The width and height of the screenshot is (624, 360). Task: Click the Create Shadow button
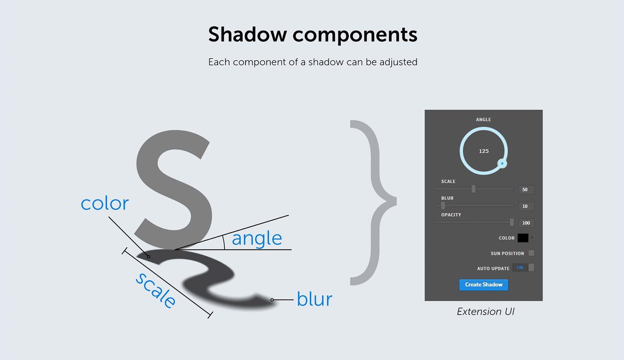pyautogui.click(x=484, y=285)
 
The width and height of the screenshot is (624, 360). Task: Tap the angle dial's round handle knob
pyautogui.click(x=502, y=164)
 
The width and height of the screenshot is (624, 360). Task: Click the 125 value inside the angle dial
pyautogui.click(x=484, y=151)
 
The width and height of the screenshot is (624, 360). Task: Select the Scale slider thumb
pyautogui.click(x=473, y=189)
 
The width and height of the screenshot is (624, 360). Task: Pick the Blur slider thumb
pyautogui.click(x=443, y=206)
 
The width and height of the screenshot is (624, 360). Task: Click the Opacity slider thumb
pyautogui.click(x=512, y=222)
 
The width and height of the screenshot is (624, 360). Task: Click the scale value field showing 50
pyautogui.click(x=526, y=190)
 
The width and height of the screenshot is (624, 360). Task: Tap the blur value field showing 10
pyautogui.click(x=526, y=206)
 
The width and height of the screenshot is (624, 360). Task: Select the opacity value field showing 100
pyautogui.click(x=526, y=223)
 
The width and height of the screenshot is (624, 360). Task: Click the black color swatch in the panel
pyautogui.click(x=523, y=238)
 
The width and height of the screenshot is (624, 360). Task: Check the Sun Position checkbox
pyautogui.click(x=532, y=253)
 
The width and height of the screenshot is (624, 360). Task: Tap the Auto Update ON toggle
pyautogui.click(x=523, y=268)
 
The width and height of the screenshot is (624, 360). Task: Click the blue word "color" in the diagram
pyautogui.click(x=105, y=204)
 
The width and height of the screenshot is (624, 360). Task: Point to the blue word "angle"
pyautogui.click(x=257, y=239)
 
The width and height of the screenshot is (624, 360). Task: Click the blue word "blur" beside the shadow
pyautogui.click(x=314, y=299)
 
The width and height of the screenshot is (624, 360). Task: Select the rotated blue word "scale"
pyautogui.click(x=156, y=290)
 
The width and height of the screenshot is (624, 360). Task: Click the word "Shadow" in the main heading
pyautogui.click(x=247, y=34)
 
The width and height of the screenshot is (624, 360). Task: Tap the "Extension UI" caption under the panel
pyautogui.click(x=486, y=312)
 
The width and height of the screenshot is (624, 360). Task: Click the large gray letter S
pyautogui.click(x=174, y=190)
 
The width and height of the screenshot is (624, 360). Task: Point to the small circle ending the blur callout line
pyautogui.click(x=272, y=300)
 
